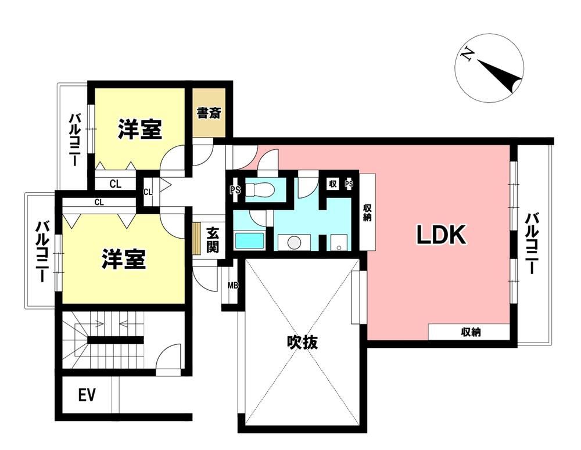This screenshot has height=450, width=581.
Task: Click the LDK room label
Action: pos(441,235)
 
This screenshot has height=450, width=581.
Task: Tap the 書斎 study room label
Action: pos(209,113)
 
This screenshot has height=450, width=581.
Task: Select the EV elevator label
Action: pos(87,395)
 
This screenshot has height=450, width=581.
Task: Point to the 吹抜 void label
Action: pos(302,342)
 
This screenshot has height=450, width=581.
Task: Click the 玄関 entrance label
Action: pos(213,240)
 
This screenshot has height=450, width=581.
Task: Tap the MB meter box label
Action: pos(233,286)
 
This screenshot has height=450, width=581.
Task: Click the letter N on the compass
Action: pos(468,54)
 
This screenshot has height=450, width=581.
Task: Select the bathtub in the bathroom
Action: pos(250,241)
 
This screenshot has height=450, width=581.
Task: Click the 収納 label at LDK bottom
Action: pos(471,332)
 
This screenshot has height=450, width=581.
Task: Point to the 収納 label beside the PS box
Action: pos(367,213)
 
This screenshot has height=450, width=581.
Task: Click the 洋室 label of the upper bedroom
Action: pos(139,129)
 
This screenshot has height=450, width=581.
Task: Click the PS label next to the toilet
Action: pos(235,190)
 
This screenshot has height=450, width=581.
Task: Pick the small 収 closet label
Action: pos(332,183)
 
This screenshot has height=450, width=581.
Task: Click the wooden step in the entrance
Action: pos(197,238)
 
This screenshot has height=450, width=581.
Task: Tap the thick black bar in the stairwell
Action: pos(115,340)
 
